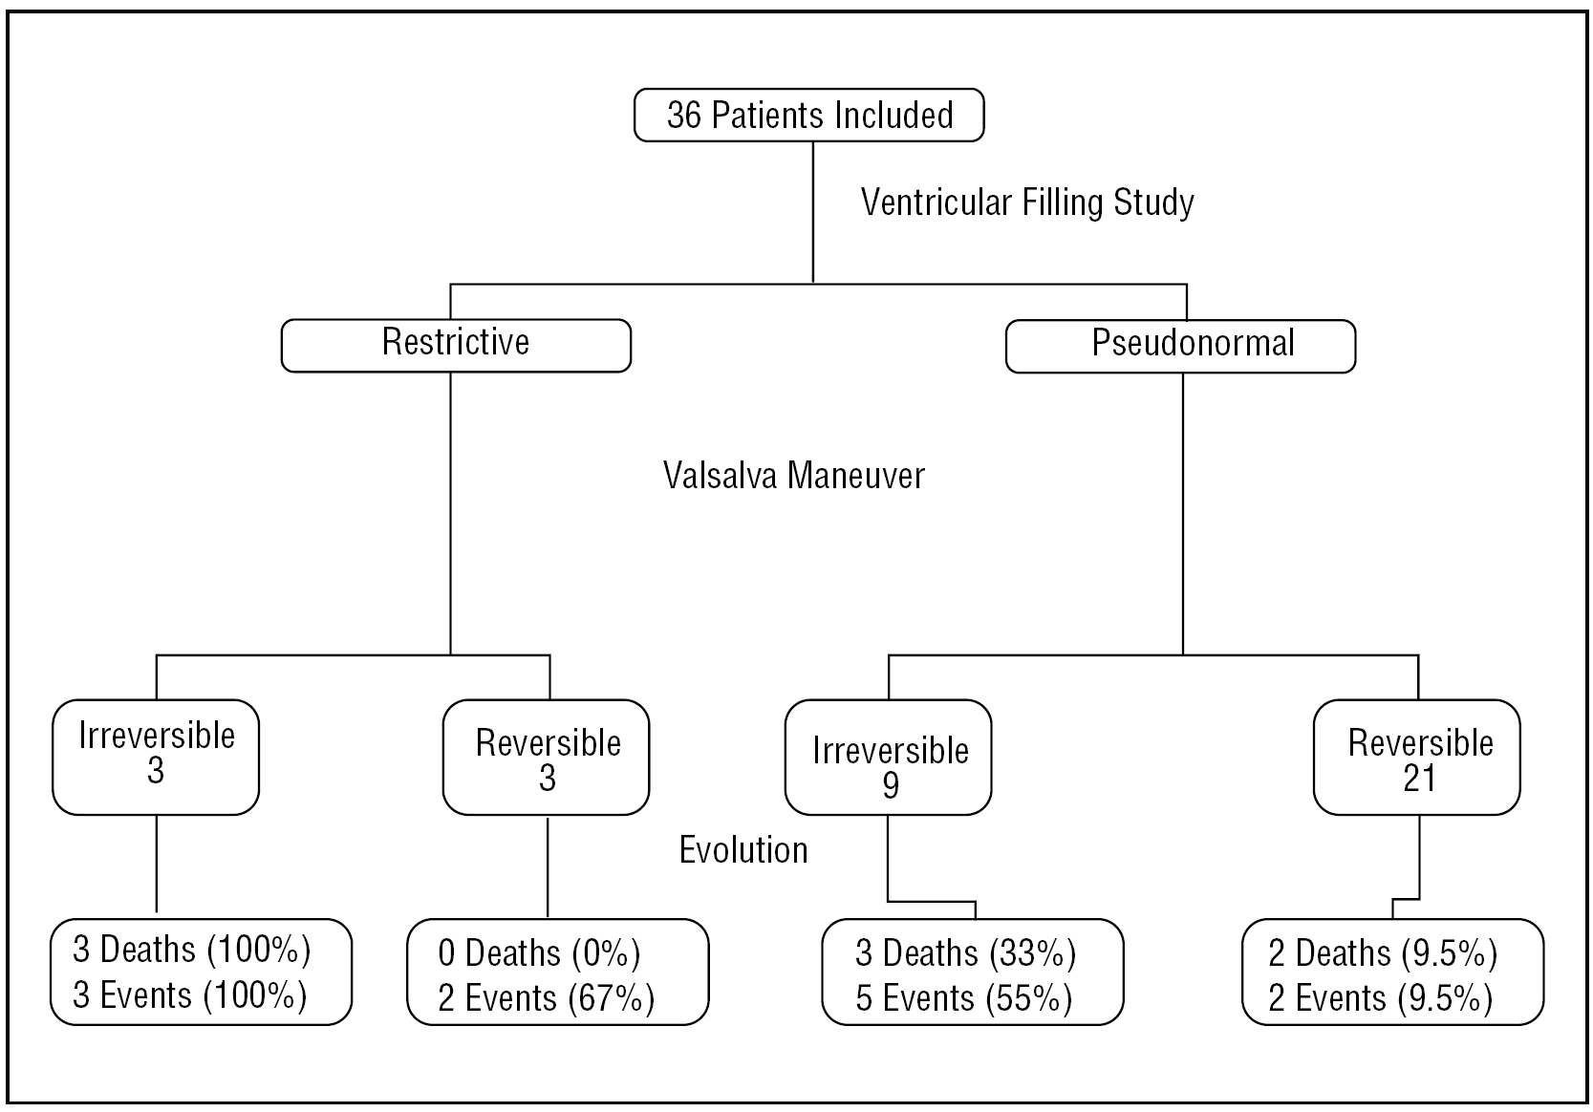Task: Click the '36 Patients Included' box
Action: click(x=808, y=115)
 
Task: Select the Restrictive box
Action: click(x=456, y=345)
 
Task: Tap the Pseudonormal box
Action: click(x=1180, y=345)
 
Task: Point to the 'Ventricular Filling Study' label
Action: click(x=1027, y=203)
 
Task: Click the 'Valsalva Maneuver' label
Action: click(x=794, y=475)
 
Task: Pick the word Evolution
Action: click(x=743, y=849)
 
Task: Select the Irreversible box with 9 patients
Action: click(x=888, y=758)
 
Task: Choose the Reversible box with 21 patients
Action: click(x=1416, y=758)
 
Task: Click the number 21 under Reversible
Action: click(x=1419, y=779)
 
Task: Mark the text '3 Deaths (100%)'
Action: click(x=192, y=950)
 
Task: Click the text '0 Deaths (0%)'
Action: click(x=539, y=953)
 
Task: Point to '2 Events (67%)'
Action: click(x=547, y=998)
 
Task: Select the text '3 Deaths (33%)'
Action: click(x=965, y=953)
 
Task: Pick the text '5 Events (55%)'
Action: click(x=963, y=998)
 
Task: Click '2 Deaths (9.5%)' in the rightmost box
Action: click(x=1383, y=953)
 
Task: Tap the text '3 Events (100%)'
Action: click(x=190, y=995)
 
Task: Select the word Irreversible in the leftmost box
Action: click(x=157, y=736)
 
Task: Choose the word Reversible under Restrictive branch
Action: click(x=549, y=743)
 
